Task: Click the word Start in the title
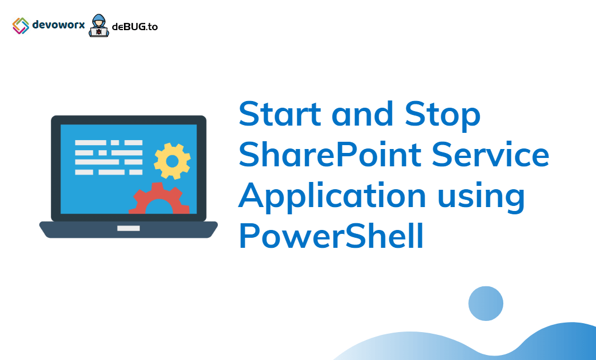[x=280, y=114]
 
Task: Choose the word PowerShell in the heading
[x=331, y=236]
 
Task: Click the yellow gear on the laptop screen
[x=172, y=161]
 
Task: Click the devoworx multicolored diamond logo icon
[x=21, y=25]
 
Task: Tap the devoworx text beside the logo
[x=58, y=25]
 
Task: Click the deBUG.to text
[x=135, y=27]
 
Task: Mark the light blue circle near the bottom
[x=485, y=304]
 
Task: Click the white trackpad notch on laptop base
[x=128, y=228]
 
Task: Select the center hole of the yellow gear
[x=172, y=161]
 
